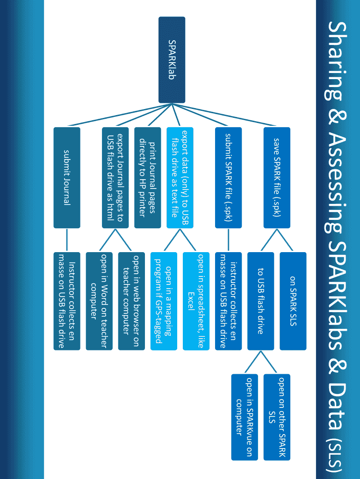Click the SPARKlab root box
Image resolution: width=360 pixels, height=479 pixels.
tap(172, 60)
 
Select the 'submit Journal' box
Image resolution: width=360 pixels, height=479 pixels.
tap(67, 178)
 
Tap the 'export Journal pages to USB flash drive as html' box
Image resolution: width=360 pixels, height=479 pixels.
tap(115, 178)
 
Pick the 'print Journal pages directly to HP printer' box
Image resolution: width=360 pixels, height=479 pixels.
tap(147, 178)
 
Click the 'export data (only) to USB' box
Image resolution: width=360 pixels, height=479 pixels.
tap(180, 178)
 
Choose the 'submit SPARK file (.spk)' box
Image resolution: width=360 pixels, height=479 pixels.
tap(228, 178)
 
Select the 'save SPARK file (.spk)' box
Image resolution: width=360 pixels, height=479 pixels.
tap(277, 178)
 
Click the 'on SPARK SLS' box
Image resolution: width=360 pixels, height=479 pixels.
tap(293, 301)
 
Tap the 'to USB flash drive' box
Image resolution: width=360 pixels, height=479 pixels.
tap(260, 301)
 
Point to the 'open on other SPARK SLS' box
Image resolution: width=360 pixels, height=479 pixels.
tap(277, 417)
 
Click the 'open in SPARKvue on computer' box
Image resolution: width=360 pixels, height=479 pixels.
tap(244, 417)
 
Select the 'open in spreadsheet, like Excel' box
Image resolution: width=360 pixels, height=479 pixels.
tap(196, 301)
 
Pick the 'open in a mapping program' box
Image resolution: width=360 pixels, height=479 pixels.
tap(164, 301)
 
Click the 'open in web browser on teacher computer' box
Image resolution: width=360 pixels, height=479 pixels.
tap(131, 301)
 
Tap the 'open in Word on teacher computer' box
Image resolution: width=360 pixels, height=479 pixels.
tap(99, 301)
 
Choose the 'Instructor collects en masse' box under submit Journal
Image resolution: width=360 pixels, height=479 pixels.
tap(67, 301)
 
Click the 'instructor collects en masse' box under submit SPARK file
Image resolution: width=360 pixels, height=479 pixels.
tap(228, 301)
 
